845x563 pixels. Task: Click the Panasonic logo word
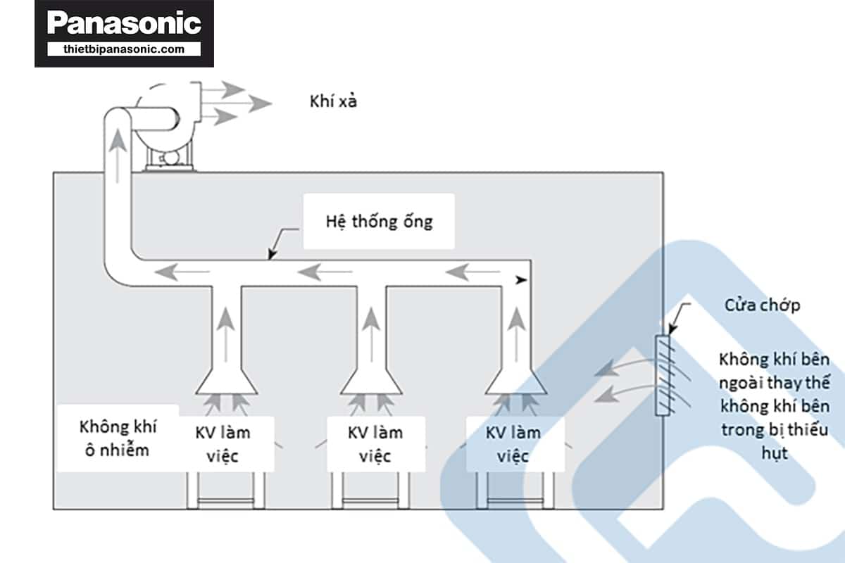click(124, 23)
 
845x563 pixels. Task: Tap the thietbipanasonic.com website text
click(124, 49)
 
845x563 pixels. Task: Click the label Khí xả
click(334, 101)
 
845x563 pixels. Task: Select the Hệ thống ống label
click(379, 222)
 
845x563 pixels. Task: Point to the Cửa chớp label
click(762, 305)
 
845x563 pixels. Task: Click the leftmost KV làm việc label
click(223, 443)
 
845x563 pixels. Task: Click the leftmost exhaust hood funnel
click(225, 380)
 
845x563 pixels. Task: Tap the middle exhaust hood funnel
click(371, 380)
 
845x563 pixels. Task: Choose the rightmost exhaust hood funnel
click(515, 380)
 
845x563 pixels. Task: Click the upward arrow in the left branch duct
click(225, 326)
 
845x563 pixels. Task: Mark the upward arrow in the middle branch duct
click(371, 326)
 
